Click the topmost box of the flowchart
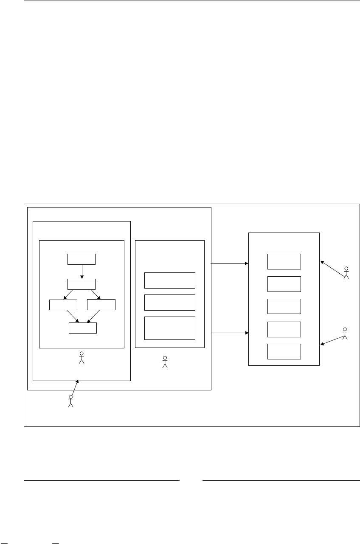[x=82, y=259]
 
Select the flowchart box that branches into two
[x=82, y=284]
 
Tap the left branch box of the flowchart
[x=63, y=305]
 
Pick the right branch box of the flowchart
[x=101, y=305]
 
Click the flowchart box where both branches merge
[x=83, y=328]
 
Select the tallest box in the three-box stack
[x=170, y=328]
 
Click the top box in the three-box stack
[x=170, y=280]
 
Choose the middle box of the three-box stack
[x=170, y=302]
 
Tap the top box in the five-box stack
[x=284, y=261]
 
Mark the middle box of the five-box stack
[x=284, y=306]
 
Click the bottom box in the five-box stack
[x=284, y=351]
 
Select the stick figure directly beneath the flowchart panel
[x=82, y=358]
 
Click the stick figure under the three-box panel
[x=165, y=362]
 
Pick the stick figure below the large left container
[x=71, y=401]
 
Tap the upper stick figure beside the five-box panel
[x=346, y=273]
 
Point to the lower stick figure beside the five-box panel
[x=345, y=334]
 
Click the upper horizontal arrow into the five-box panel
[x=229, y=263]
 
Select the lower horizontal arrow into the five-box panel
[x=229, y=333]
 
